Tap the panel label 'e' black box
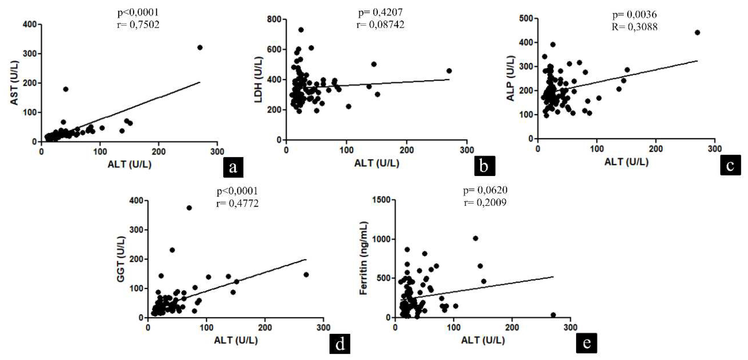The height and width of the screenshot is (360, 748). tap(587, 343)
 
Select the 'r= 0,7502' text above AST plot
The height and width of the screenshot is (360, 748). tap(138, 25)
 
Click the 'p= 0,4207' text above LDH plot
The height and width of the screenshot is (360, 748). tap(380, 12)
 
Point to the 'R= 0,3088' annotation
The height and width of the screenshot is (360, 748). tap(635, 27)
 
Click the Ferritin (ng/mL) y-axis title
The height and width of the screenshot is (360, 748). tap(364, 258)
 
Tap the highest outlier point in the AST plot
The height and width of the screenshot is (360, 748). tap(200, 48)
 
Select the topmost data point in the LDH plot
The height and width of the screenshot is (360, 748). tap(301, 30)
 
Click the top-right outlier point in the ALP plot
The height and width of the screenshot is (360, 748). tap(697, 32)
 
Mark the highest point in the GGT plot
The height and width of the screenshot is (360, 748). tap(189, 208)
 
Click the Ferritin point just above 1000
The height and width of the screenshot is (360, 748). tap(475, 238)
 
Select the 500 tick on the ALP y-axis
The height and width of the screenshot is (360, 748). tap(526, 19)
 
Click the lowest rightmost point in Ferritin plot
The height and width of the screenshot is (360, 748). tap(553, 315)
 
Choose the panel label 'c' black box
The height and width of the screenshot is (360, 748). tap(730, 165)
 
